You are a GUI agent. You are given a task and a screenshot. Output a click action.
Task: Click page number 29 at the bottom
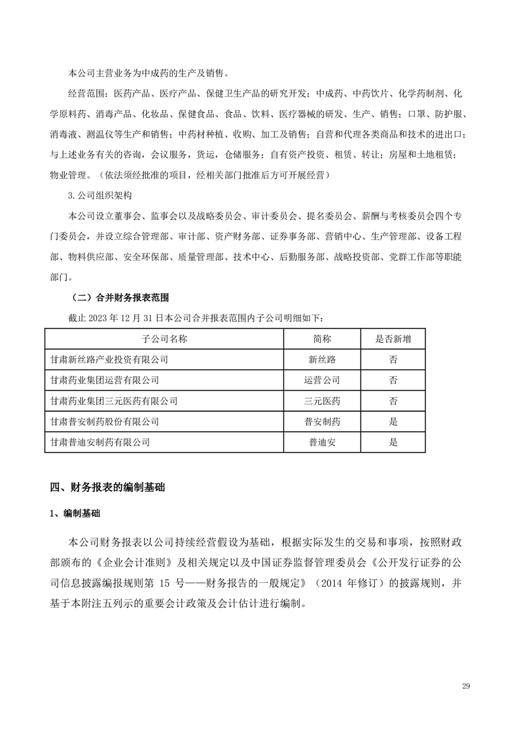[466, 686]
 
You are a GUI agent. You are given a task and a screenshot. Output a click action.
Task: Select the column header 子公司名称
[164, 338]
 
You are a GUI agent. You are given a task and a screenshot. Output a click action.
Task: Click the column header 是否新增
[393, 338]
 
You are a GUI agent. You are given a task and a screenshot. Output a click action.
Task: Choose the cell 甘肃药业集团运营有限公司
[104, 379]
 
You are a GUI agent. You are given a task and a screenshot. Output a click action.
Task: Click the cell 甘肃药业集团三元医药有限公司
[113, 400]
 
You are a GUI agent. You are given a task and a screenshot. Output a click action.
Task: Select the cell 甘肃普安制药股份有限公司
[104, 421]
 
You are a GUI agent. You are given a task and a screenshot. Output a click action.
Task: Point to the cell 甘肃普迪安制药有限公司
[99, 442]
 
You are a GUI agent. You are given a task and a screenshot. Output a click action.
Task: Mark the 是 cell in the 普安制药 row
[393, 421]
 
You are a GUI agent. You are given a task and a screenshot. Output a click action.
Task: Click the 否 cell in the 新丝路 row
[393, 359]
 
